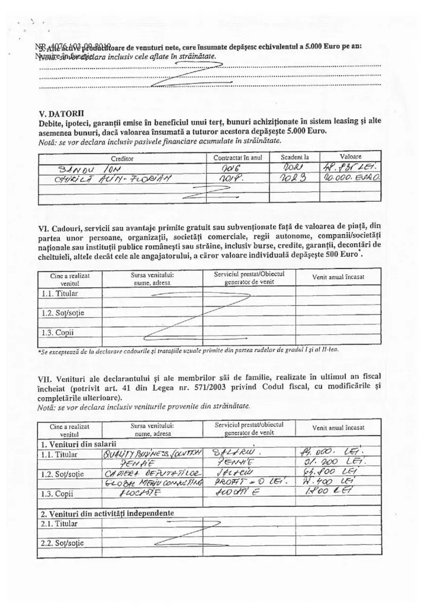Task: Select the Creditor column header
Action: point(122,158)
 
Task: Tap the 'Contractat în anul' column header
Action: point(238,158)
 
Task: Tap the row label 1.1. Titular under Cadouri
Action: point(60,294)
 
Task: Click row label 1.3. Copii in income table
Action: point(58,493)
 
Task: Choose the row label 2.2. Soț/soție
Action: point(62,543)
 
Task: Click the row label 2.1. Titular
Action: point(60,524)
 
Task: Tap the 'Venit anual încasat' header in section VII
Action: point(338,427)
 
